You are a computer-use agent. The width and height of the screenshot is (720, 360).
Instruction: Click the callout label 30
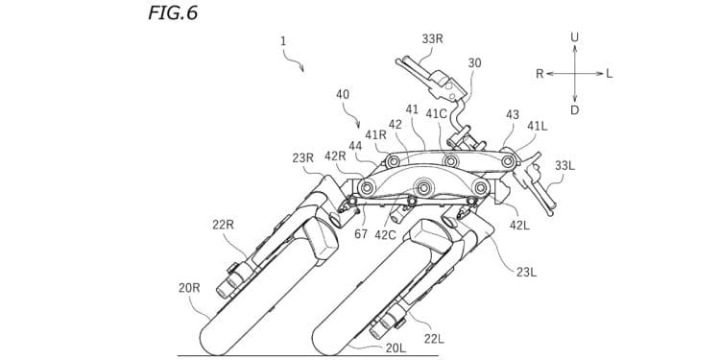[x=474, y=63]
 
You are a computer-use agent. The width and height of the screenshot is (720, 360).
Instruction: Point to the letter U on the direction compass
[x=574, y=37]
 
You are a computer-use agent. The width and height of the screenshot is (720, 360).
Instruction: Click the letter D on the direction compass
[x=574, y=110]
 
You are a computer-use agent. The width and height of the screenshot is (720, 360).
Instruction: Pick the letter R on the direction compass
[x=540, y=73]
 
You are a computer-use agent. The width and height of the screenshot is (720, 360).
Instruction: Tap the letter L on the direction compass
[x=610, y=73]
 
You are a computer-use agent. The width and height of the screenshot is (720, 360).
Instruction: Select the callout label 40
[x=343, y=95]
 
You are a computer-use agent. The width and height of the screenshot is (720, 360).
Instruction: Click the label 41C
[x=436, y=114]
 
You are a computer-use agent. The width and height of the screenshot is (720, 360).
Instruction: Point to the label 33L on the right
[x=564, y=165]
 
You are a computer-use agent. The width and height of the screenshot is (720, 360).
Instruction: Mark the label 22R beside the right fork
[x=224, y=224]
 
